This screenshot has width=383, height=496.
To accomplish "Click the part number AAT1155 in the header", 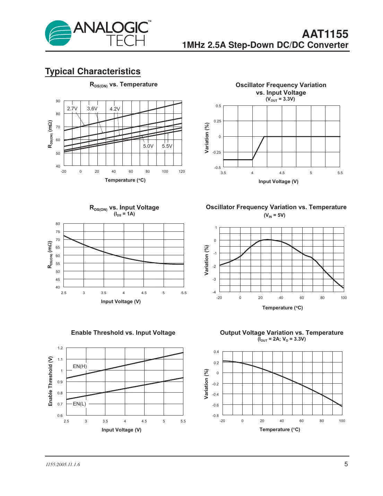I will [325, 34].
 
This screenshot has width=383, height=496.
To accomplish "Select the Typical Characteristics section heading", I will [93, 71].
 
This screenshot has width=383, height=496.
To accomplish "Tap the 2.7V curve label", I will [72, 109].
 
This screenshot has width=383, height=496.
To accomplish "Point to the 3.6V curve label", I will [92, 109].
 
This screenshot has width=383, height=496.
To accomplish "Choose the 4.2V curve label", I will [115, 109].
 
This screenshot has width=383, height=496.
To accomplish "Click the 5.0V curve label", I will [148, 146].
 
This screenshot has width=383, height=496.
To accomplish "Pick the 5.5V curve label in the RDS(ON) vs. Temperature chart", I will [167, 146].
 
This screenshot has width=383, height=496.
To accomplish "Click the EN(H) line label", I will [80, 366].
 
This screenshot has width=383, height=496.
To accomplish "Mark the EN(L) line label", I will [79, 404].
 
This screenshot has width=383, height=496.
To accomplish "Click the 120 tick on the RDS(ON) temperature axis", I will [182, 171].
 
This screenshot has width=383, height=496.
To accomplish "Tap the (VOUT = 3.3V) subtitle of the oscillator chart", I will [280, 99].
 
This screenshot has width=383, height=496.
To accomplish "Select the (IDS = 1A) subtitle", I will [124, 214].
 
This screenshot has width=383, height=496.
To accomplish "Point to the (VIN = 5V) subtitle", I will [275, 215].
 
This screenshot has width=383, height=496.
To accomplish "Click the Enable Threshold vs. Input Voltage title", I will [123, 333].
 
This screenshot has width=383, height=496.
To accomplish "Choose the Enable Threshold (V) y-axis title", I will [51, 381].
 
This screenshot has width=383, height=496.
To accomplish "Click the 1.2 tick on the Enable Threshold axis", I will [60, 348].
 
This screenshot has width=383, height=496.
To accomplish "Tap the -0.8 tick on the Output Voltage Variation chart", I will [216, 416].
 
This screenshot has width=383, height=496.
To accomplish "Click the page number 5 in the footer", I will [346, 464].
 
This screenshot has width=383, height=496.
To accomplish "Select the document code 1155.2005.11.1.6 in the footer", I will [63, 464].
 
